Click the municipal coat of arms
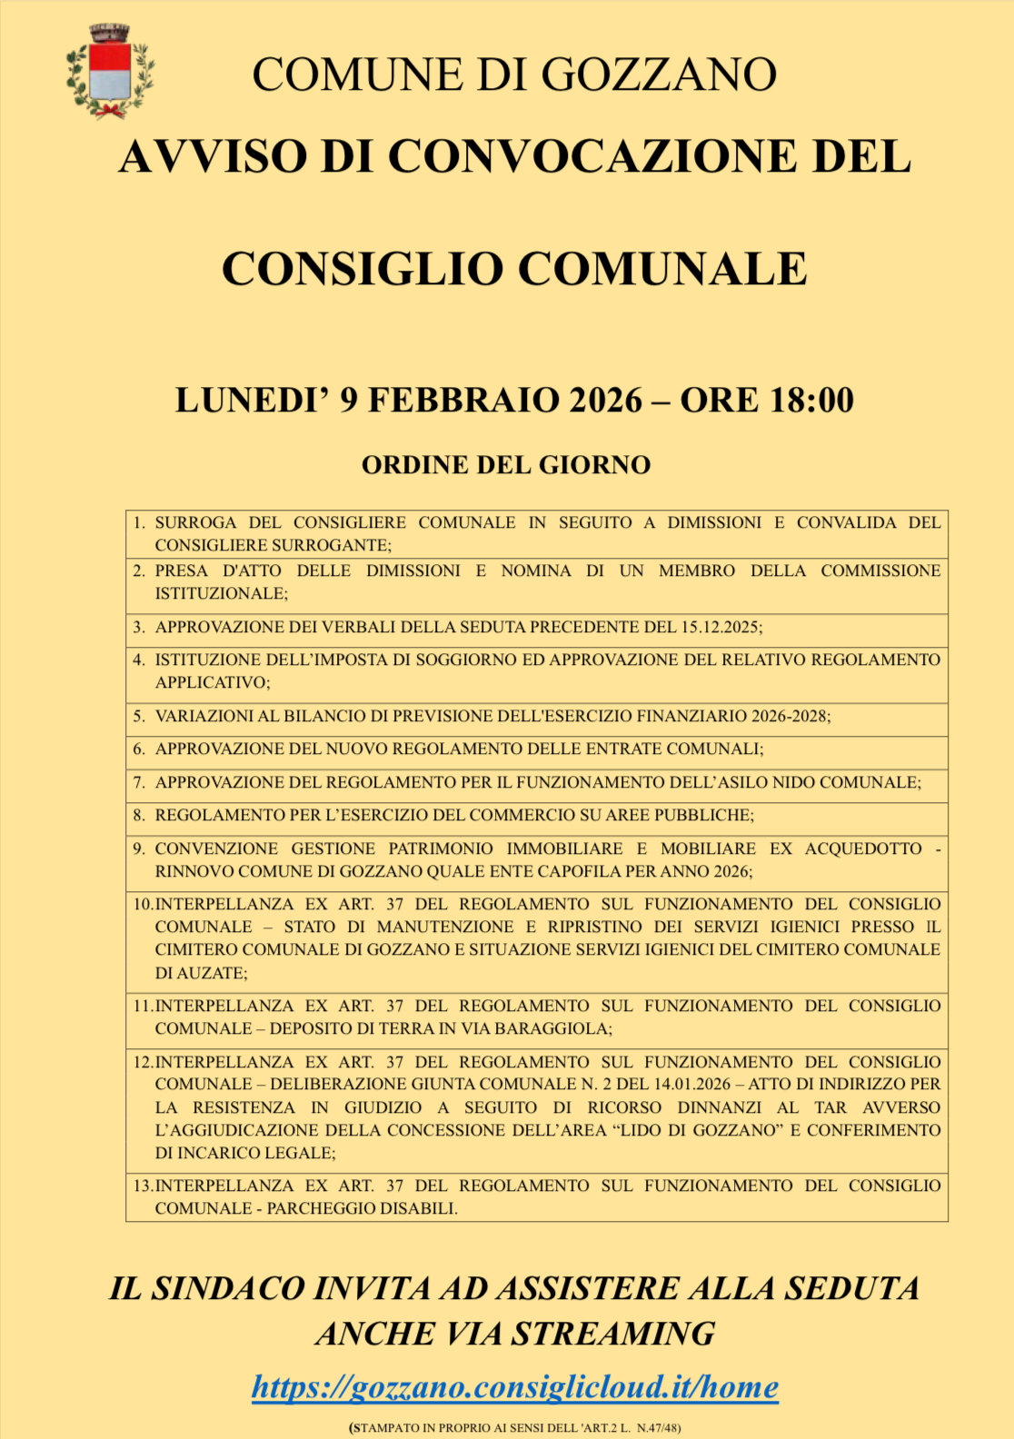(110, 72)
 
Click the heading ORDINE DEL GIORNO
(506, 465)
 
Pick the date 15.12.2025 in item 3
(719, 627)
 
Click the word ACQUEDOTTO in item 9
(863, 849)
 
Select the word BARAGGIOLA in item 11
(556, 1028)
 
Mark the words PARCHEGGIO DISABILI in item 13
(361, 1208)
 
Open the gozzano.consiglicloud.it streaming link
(515, 1387)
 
